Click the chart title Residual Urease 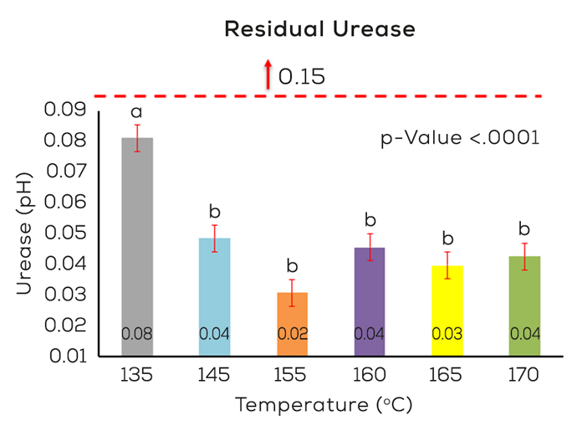(319, 29)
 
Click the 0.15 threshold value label (301, 77)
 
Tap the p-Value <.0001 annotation (460, 137)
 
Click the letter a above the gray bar (136, 112)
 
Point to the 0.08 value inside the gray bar (137, 334)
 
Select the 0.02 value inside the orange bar (292, 334)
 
